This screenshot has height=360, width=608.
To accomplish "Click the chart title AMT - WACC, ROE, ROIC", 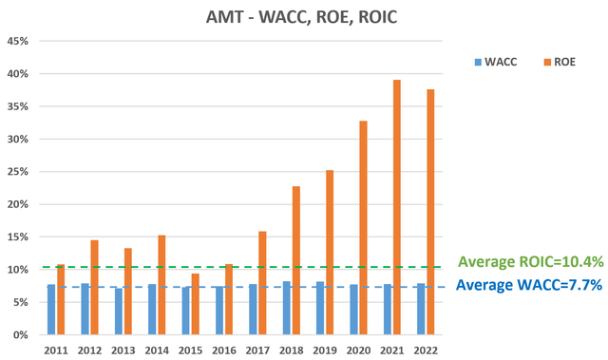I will (x=304, y=17).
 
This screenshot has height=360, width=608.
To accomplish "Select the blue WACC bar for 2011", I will (x=51, y=310).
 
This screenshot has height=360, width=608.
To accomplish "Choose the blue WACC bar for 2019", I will (x=320, y=308).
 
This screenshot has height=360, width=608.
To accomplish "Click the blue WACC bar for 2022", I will (x=421, y=309).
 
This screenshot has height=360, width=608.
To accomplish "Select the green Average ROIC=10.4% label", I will (x=531, y=262).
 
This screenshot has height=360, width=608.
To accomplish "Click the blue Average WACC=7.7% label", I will (x=530, y=284).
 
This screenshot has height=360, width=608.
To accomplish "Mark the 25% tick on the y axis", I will (x=19, y=172).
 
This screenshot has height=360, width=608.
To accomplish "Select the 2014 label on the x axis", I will (x=157, y=350).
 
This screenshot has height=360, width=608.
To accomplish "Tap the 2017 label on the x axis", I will (x=257, y=350).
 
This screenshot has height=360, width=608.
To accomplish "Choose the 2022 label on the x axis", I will (x=426, y=350).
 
